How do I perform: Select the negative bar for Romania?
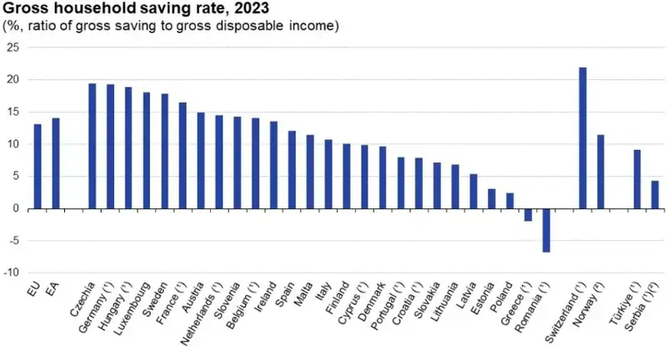546,230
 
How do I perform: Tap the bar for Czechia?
92,146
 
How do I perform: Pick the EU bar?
37,166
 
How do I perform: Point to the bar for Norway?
600,172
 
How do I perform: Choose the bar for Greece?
528,215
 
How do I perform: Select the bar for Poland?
509,201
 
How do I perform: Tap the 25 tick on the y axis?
12,47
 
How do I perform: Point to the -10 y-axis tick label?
10,272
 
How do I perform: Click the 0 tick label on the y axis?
15,208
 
